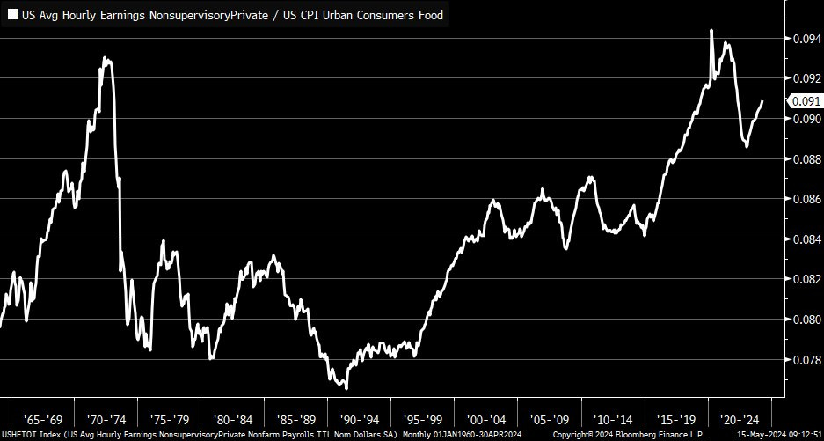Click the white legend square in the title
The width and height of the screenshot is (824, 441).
(13, 14)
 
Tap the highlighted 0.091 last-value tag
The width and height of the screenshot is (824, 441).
(806, 101)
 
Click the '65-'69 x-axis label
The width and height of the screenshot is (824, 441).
(42, 419)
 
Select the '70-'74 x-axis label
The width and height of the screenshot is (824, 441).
(106, 419)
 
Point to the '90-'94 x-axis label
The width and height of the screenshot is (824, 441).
(359, 419)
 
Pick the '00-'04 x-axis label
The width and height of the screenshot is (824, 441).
(485, 419)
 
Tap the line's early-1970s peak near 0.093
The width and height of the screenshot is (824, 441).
(105, 58)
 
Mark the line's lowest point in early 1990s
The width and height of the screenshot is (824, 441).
(346, 388)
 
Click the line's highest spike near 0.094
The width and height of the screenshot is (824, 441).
(711, 30)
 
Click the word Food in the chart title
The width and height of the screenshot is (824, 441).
(427, 14)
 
